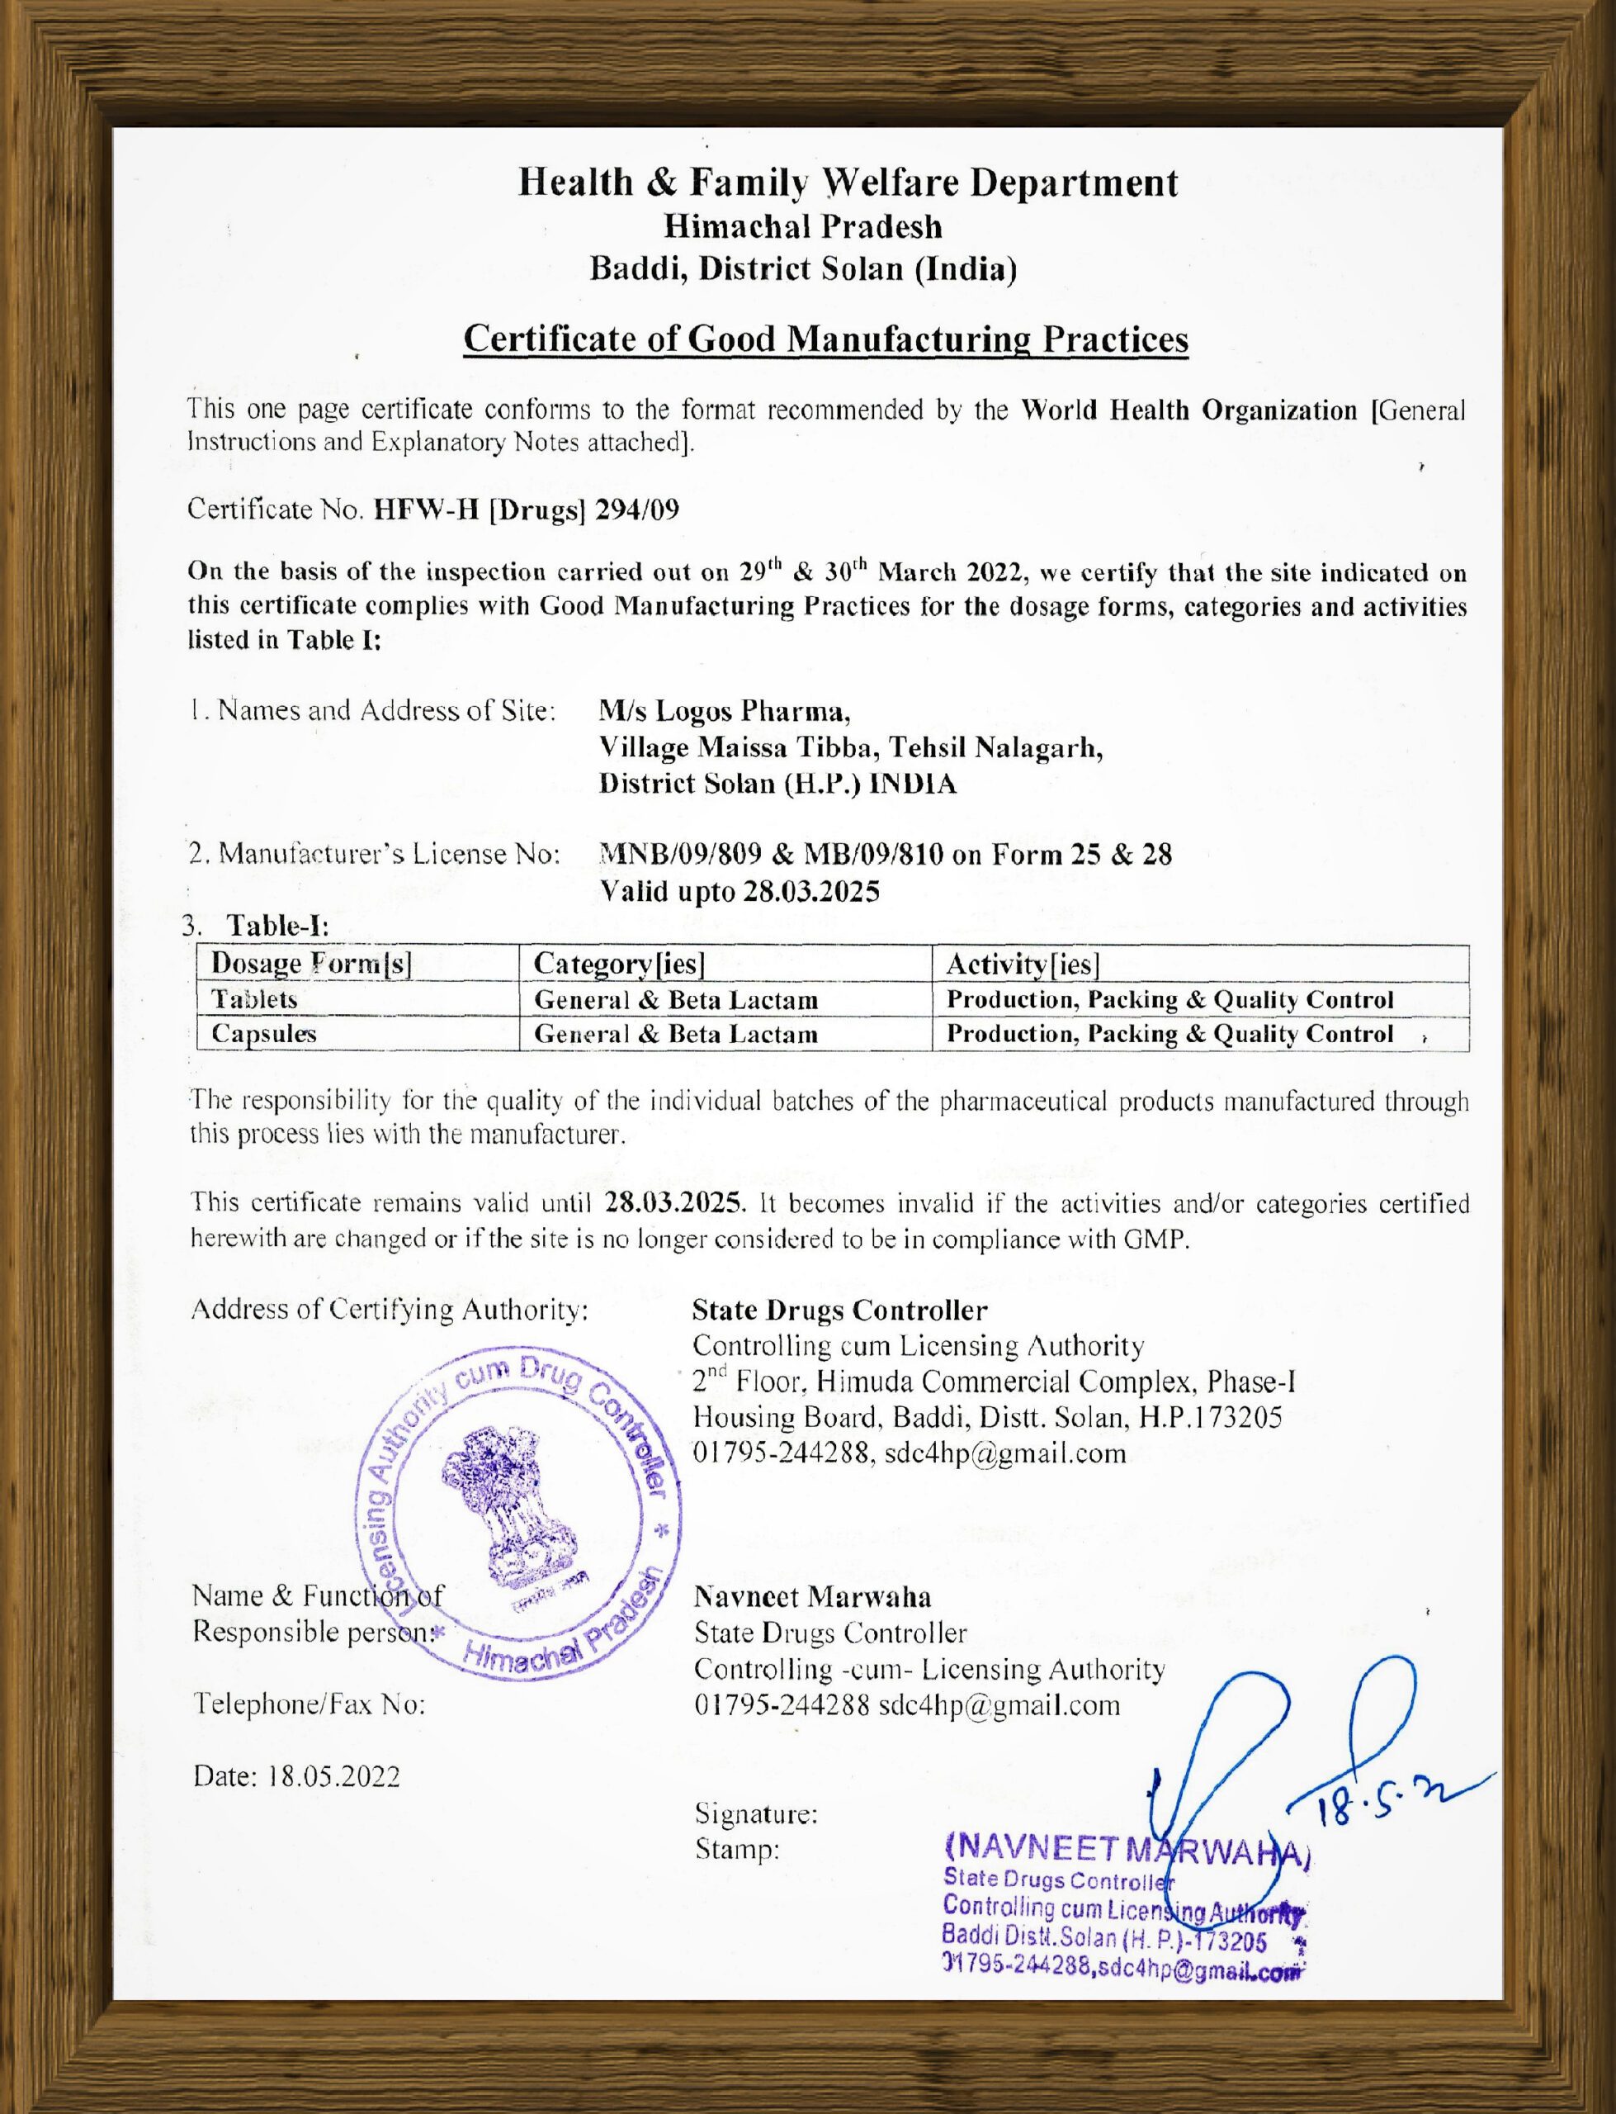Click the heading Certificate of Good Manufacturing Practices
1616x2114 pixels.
point(825,339)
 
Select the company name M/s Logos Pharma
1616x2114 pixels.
point(723,711)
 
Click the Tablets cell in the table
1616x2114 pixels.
point(255,999)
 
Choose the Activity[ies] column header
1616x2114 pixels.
point(1023,963)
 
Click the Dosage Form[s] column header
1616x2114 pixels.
point(310,963)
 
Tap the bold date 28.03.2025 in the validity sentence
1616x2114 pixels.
point(674,1203)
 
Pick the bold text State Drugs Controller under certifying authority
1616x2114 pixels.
point(839,1311)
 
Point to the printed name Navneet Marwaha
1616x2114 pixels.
point(812,1597)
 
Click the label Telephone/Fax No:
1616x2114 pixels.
point(309,1704)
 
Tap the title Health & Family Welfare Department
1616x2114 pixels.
point(848,182)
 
